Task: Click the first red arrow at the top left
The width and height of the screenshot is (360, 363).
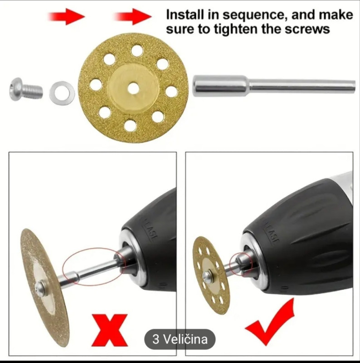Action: (x=66, y=16)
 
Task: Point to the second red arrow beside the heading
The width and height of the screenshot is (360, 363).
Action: (x=132, y=16)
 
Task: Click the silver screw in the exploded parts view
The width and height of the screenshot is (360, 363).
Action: (x=26, y=89)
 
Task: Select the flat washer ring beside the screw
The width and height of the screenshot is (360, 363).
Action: (x=62, y=93)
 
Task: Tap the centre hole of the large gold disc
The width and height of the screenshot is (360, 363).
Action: (x=133, y=88)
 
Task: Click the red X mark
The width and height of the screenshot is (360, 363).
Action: (x=110, y=330)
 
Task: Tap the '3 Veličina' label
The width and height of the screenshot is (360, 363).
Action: (x=180, y=339)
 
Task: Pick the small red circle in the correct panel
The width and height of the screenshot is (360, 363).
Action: (x=241, y=264)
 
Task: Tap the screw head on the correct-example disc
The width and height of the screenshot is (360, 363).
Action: (x=207, y=275)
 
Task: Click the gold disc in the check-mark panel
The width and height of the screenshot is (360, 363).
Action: (x=211, y=275)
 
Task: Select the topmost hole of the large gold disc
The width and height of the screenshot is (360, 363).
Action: (x=137, y=50)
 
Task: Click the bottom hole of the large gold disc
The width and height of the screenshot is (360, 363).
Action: (x=130, y=126)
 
